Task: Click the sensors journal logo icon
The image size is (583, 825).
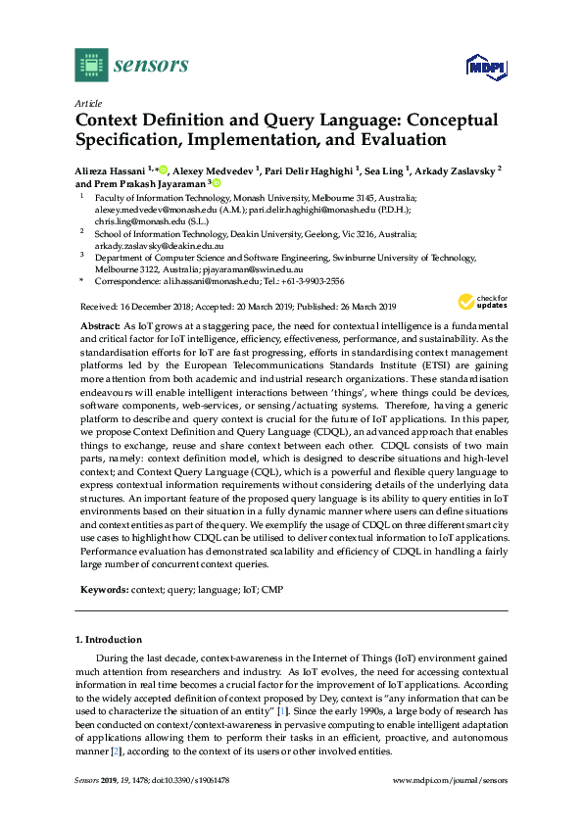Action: [90, 65]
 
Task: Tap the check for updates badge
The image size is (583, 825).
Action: [481, 302]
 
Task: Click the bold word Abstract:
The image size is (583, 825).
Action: [99, 324]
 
